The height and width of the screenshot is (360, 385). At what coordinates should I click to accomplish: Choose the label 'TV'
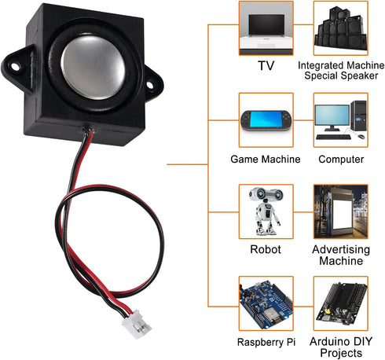click(x=265, y=65)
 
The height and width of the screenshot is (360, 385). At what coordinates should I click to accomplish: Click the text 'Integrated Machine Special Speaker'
click(x=340, y=71)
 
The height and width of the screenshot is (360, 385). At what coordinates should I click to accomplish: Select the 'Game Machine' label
click(x=265, y=159)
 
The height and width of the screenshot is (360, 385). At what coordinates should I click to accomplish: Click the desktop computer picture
click(x=340, y=119)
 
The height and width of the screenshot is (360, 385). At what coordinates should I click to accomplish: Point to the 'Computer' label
click(x=341, y=159)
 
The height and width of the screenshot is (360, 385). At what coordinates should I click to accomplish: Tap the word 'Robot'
click(x=265, y=249)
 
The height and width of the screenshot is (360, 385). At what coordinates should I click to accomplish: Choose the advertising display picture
click(x=340, y=211)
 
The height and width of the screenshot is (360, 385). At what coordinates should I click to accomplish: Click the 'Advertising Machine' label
click(x=341, y=255)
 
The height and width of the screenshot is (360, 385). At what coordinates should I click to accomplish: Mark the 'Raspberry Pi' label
click(x=265, y=343)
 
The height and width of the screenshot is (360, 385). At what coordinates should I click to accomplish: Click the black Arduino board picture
click(x=340, y=303)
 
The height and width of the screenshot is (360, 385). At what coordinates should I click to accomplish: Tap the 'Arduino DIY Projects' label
click(x=341, y=347)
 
